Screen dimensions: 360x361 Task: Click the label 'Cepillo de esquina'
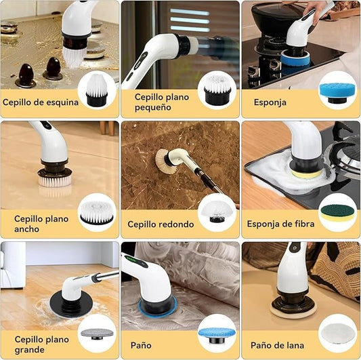coord(41,103)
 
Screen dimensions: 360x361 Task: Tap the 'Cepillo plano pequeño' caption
coord(152,102)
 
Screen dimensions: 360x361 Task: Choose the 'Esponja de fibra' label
coord(280,224)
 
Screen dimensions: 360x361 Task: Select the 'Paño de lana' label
coord(278,345)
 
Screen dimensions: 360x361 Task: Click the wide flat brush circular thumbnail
coord(97,212)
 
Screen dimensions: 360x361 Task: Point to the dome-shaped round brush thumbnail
coord(217,212)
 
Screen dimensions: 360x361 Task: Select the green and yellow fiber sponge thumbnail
coord(337,212)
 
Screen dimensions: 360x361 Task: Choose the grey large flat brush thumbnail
coord(97,333)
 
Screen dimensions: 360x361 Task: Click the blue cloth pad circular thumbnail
coord(217,333)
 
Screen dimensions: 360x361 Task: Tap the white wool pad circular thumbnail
coord(337,333)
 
